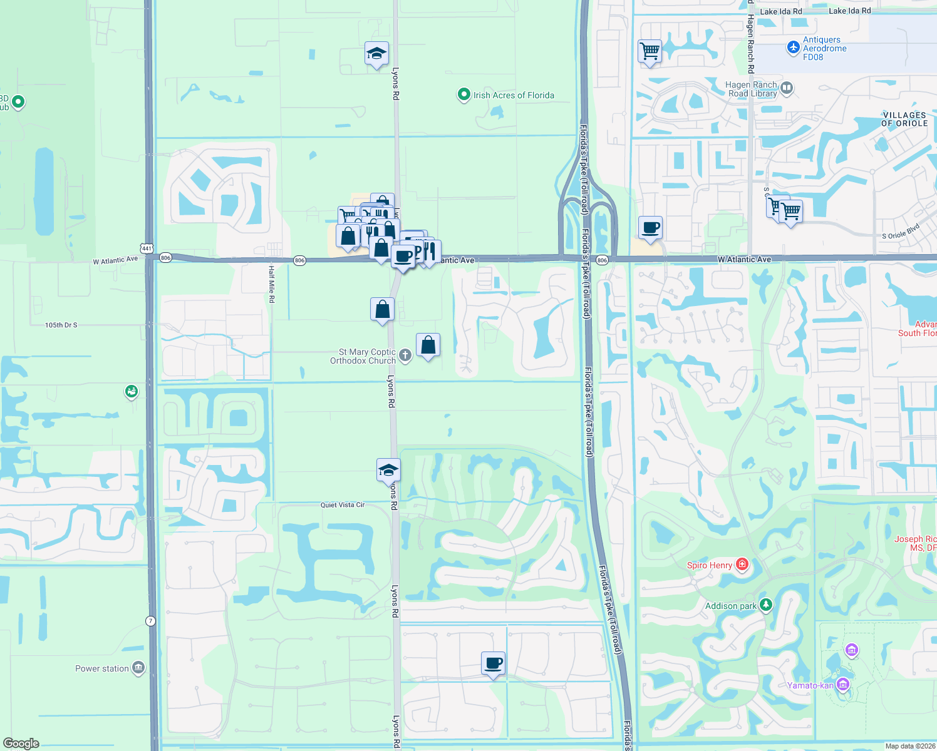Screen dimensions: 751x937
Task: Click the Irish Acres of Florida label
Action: coord(514,95)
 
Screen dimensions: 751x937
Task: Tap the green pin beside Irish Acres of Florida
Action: coord(463,95)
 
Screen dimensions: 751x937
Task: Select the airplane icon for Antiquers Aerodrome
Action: coord(794,47)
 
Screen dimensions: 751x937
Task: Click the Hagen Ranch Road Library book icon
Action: coord(787,88)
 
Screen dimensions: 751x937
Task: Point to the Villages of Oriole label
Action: coord(904,119)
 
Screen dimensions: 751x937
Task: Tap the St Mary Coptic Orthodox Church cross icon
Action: coord(405,355)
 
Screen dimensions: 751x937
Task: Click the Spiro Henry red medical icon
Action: coord(742,565)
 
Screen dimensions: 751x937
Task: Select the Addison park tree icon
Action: coord(765,605)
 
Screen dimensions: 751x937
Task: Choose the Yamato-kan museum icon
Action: coord(843,685)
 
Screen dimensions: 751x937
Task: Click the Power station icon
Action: coord(138,668)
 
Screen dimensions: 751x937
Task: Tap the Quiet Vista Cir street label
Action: coord(343,504)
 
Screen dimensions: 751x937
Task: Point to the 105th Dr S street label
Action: coord(61,325)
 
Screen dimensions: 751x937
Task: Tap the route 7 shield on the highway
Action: coord(150,621)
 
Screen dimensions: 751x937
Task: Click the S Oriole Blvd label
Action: coord(901,232)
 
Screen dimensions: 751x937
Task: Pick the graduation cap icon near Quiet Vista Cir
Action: coord(388,469)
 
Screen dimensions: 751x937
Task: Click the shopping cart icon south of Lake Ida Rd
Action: coord(650,51)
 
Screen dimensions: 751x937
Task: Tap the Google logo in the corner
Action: coord(21,743)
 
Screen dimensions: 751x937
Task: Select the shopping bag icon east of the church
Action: coord(428,345)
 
